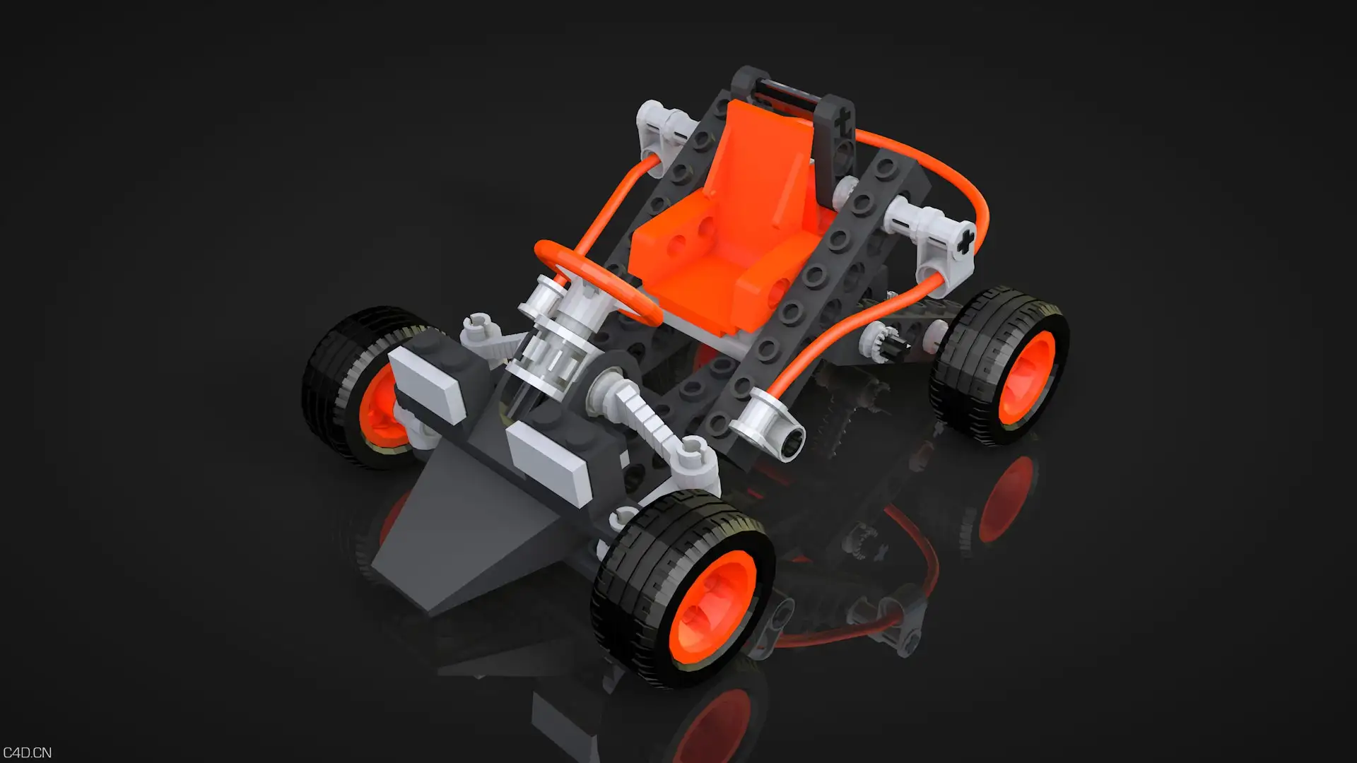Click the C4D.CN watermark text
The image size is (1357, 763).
pyautogui.click(x=27, y=752)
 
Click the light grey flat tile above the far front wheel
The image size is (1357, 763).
pyautogui.click(x=428, y=386)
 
